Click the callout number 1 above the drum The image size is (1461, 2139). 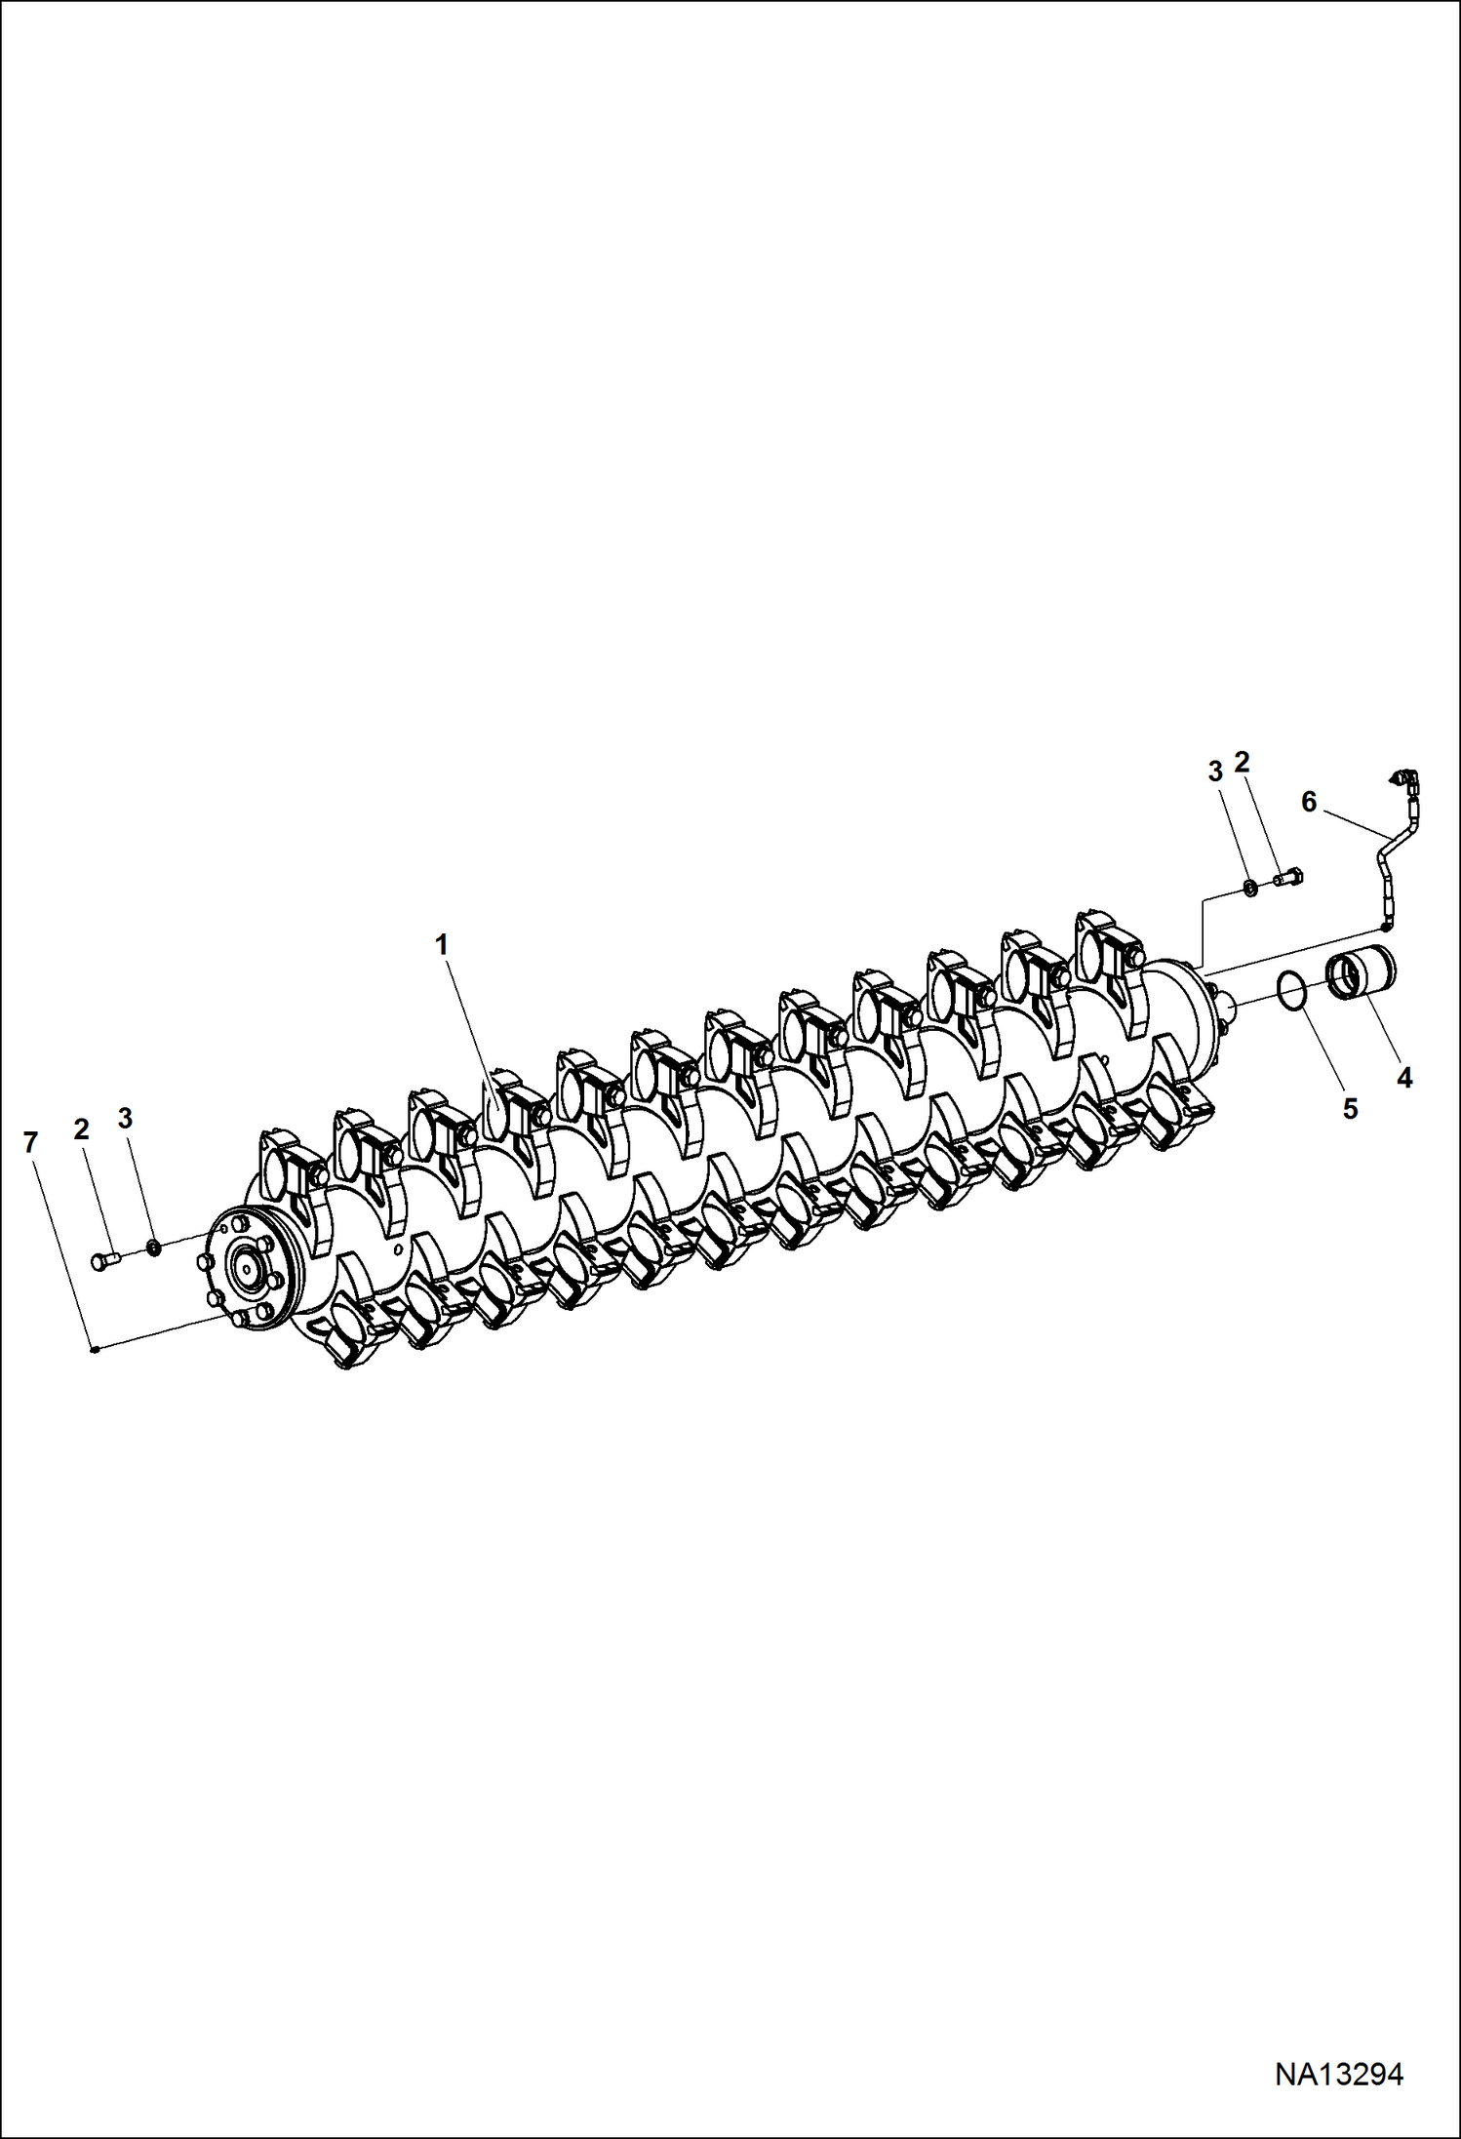pos(441,944)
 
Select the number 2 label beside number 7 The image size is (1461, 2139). pos(81,1129)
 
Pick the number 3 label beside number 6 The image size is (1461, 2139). pos(1214,772)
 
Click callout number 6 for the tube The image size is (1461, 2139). pos(1309,802)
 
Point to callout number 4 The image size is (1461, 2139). pos(1403,1078)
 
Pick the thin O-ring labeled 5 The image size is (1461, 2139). pos(1291,992)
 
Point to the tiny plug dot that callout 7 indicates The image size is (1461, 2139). pos(91,1350)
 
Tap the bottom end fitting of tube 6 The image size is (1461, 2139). pos(1385,925)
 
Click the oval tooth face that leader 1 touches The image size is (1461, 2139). pos(496,1114)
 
